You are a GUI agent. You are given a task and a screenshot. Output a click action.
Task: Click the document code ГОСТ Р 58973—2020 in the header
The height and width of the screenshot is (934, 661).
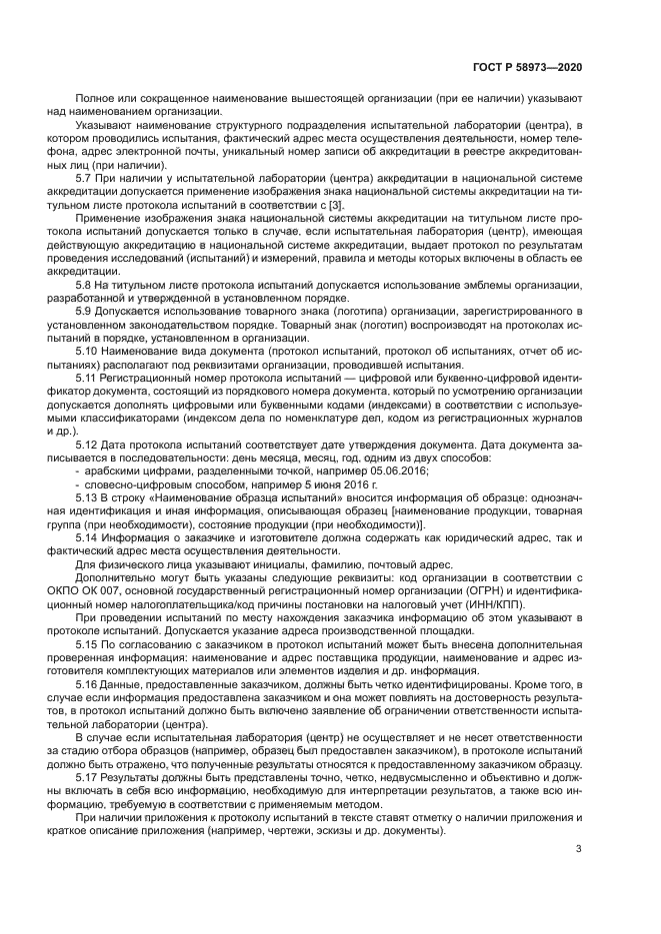coord(527,66)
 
